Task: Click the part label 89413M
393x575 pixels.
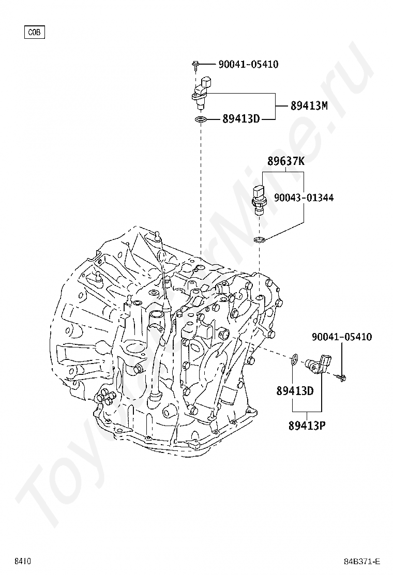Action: (309, 105)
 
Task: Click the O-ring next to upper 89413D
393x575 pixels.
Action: (201, 120)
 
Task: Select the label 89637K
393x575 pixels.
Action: (286, 161)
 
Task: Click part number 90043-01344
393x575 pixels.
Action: (304, 198)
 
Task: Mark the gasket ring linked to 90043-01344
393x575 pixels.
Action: (260, 239)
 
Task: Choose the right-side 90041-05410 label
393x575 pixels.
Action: (341, 337)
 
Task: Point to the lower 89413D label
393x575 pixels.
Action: (295, 391)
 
